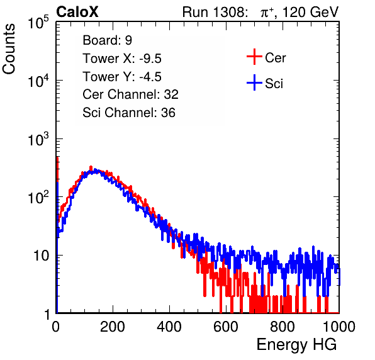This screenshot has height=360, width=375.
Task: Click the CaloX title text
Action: click(77, 12)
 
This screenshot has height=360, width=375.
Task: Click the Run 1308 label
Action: click(215, 12)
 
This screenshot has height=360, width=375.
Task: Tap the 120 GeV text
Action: click(311, 12)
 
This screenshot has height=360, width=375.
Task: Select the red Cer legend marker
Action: click(254, 57)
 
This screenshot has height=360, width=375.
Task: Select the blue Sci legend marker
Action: click(254, 82)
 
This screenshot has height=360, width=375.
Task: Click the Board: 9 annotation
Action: click(108, 40)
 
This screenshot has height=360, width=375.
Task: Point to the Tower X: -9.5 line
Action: click(122, 59)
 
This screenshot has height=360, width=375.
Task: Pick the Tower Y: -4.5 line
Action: click(122, 77)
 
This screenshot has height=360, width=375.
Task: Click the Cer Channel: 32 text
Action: click(131, 94)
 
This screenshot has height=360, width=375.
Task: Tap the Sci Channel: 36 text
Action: click(129, 113)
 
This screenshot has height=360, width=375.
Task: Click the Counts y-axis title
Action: click(9, 49)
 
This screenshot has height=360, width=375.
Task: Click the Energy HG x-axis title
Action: click(296, 345)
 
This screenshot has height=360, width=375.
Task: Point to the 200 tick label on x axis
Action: click(113, 327)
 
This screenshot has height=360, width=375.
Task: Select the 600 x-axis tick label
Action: click(226, 327)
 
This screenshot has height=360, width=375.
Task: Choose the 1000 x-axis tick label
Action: click(339, 327)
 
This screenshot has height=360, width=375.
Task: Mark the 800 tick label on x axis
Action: click(283, 327)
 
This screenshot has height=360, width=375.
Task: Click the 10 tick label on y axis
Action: click(42, 256)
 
